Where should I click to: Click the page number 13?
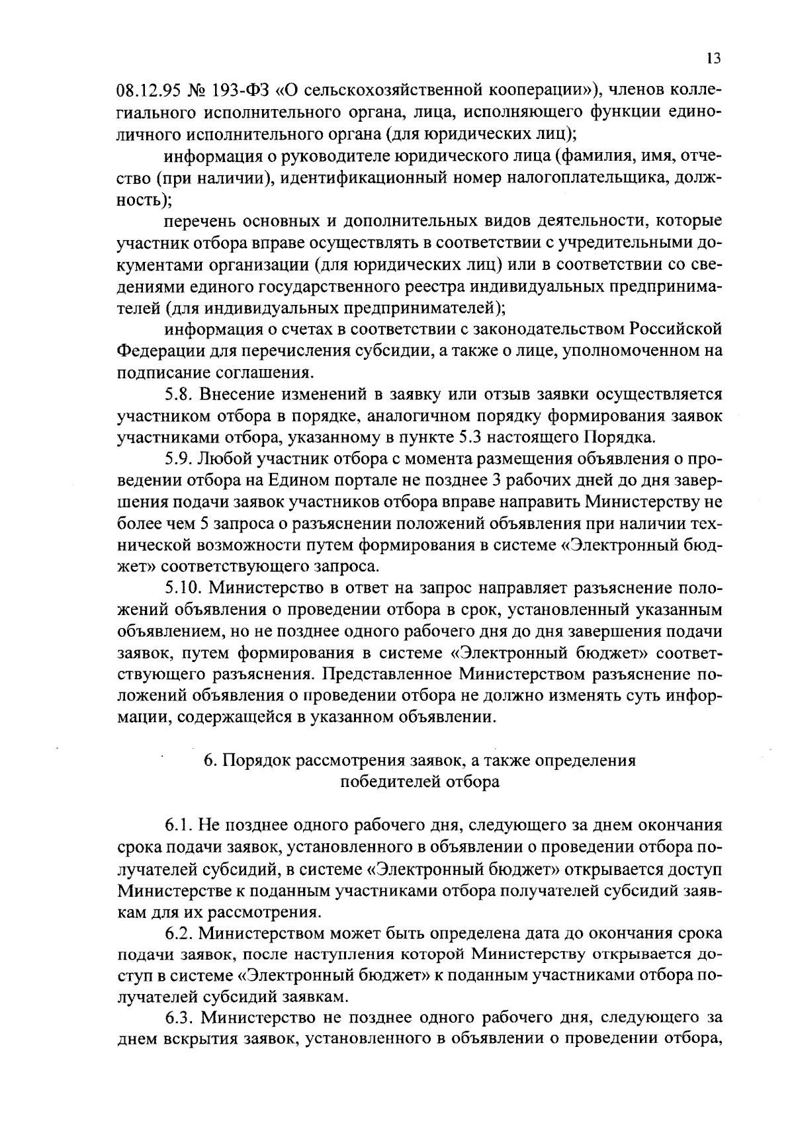point(713,58)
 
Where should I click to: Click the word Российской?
point(676,329)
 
